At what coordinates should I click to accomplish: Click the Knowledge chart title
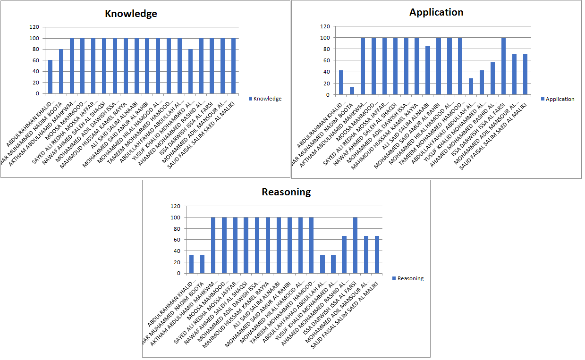tap(131, 14)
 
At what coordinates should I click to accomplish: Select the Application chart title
tap(436, 12)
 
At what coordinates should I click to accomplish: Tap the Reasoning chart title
tap(287, 192)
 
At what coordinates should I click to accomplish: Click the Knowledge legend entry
tap(265, 99)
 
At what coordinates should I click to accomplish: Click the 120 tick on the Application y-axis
tap(325, 26)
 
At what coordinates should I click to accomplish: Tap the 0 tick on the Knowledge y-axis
tap(37, 93)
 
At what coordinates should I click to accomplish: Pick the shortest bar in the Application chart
tap(352, 91)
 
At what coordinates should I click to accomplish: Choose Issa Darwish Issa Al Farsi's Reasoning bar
tap(356, 245)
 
